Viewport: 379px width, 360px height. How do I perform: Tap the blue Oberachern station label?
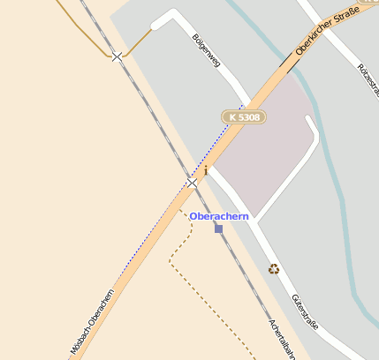pyautogui.click(x=219, y=216)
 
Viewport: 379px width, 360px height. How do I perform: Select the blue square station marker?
pyautogui.click(x=218, y=229)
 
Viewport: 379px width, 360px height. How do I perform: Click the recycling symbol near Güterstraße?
pyautogui.click(x=274, y=268)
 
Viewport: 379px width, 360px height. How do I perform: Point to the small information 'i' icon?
pyautogui.click(x=206, y=169)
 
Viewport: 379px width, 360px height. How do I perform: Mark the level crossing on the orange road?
pyautogui.click(x=192, y=183)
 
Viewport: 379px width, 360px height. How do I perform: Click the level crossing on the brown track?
pyautogui.click(x=117, y=56)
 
